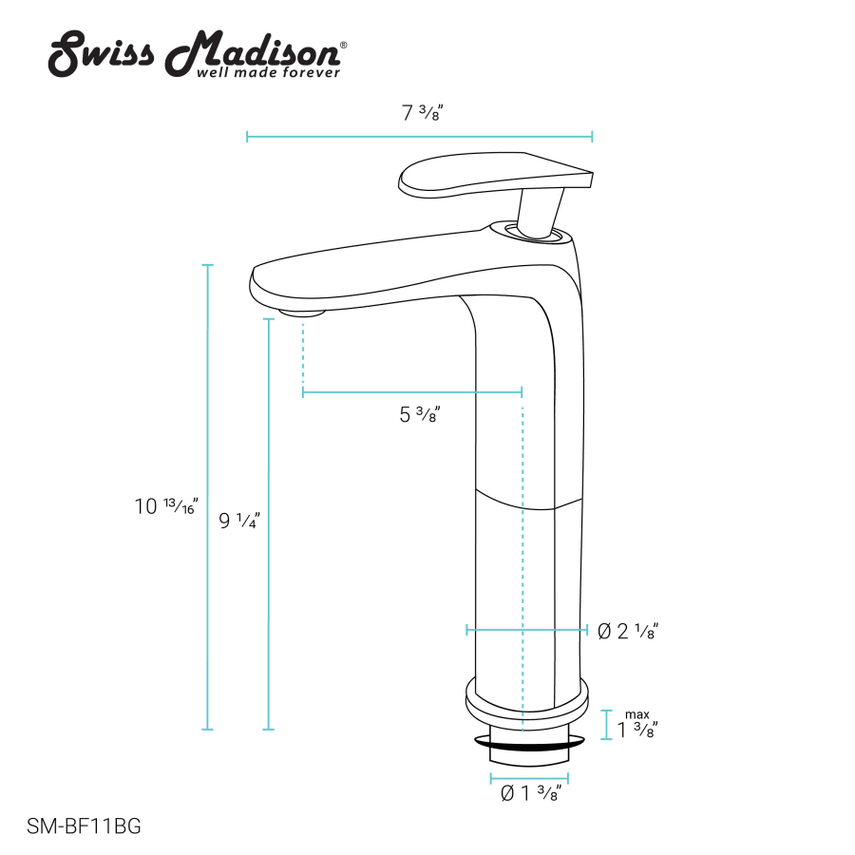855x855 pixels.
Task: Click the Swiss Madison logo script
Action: (x=197, y=53)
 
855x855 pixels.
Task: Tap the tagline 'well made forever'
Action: (x=268, y=72)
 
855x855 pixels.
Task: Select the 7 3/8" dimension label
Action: (x=422, y=112)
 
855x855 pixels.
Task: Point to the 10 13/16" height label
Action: (x=166, y=506)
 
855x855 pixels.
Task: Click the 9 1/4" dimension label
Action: (x=239, y=521)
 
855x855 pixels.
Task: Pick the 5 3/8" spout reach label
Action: (x=419, y=414)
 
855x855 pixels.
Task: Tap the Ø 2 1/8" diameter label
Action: (x=628, y=631)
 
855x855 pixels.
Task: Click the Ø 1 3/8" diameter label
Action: (x=530, y=793)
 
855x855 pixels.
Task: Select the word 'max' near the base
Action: (x=636, y=714)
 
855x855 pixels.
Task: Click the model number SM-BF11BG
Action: (x=84, y=826)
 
